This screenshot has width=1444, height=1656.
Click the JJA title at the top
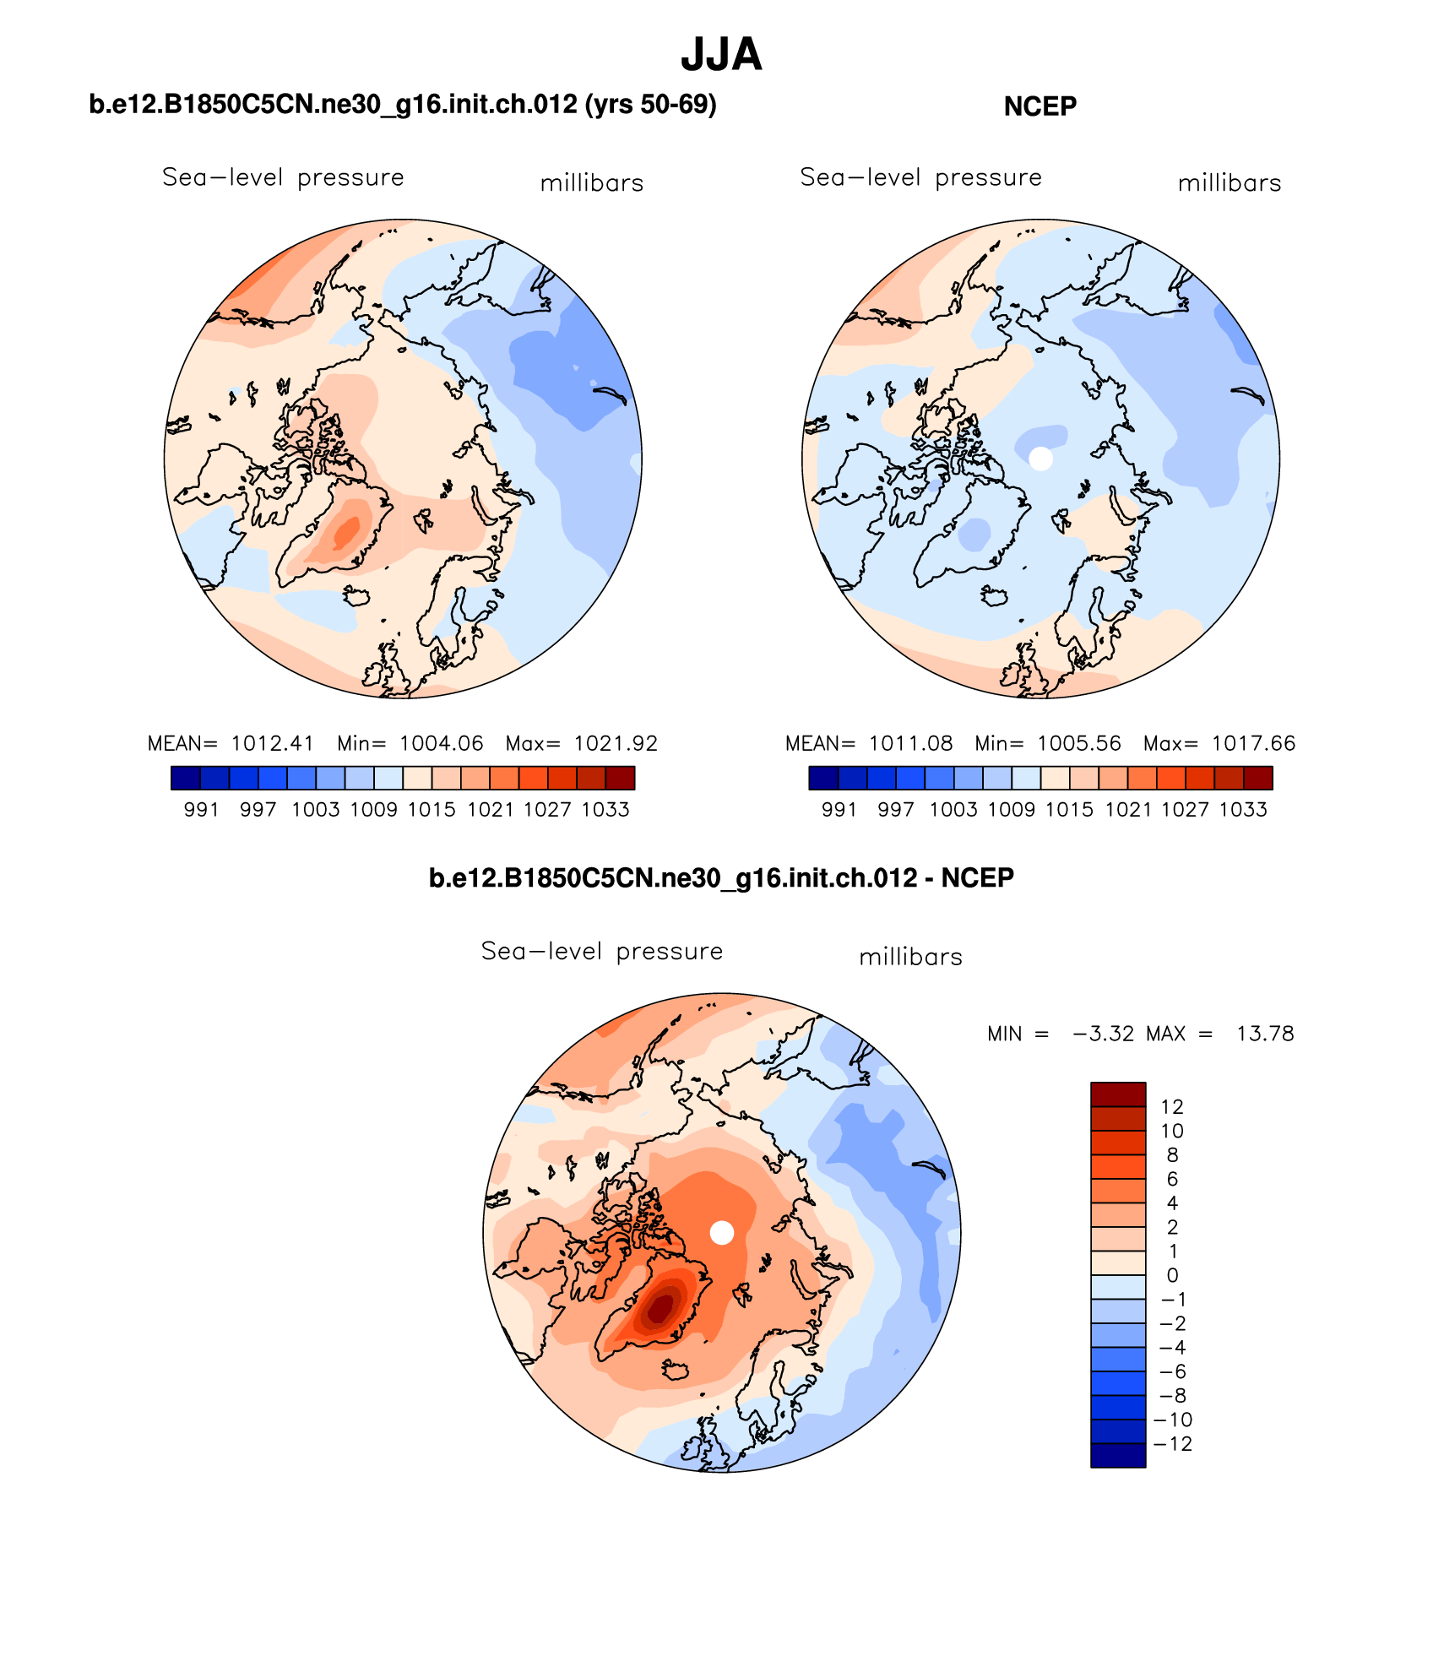(x=721, y=55)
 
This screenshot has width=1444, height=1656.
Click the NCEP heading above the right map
(x=1040, y=106)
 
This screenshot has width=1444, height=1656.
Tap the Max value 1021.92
(x=616, y=743)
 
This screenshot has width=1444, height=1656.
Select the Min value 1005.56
(x=1079, y=743)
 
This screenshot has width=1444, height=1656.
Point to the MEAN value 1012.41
(x=272, y=743)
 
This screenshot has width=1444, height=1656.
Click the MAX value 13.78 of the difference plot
(x=1265, y=1034)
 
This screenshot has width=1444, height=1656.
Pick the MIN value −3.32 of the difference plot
(x=1103, y=1034)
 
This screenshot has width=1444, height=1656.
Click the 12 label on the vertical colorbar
(x=1172, y=1106)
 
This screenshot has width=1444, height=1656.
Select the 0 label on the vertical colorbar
(x=1172, y=1275)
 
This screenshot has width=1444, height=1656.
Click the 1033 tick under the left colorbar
(x=605, y=810)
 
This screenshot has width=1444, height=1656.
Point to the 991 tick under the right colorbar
(x=839, y=810)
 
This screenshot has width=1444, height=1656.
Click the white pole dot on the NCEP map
(x=1041, y=459)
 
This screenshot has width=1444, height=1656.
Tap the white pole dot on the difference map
(x=722, y=1233)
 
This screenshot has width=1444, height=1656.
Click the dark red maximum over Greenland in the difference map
(x=660, y=1307)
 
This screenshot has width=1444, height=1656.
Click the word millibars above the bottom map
(x=910, y=958)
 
